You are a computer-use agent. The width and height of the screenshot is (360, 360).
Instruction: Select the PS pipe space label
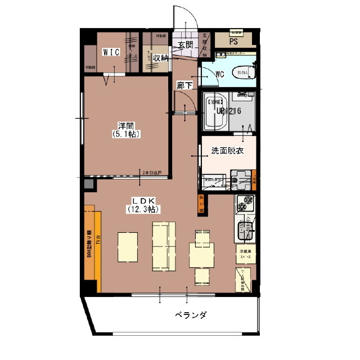pos(233,40)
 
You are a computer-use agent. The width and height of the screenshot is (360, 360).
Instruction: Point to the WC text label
pos(220,74)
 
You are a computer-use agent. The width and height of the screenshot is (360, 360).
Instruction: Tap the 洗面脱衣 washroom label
pos(227,151)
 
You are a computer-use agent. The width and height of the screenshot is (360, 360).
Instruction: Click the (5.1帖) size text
pos(125,135)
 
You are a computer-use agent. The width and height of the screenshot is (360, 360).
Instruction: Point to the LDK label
pos(143,200)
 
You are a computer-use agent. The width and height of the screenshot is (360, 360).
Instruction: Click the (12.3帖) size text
pos(143,209)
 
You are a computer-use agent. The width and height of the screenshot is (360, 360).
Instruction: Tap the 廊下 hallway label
pos(184,85)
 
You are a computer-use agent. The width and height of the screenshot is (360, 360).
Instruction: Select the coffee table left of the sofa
pos(128,247)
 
